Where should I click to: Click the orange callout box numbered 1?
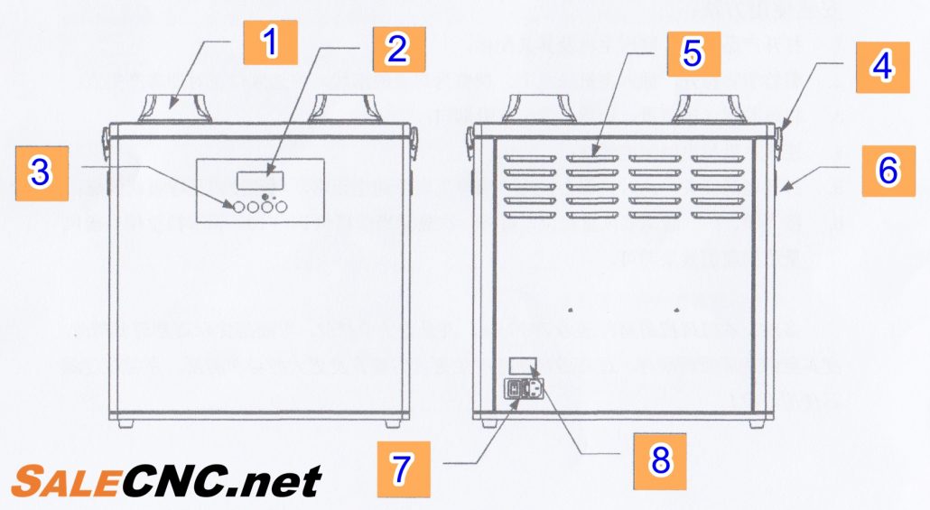click(x=270, y=42)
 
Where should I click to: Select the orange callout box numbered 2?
click(x=398, y=50)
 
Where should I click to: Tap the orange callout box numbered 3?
click(x=42, y=173)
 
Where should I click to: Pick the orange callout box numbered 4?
click(x=882, y=67)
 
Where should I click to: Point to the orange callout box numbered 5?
click(x=693, y=54)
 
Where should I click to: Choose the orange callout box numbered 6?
click(x=888, y=171)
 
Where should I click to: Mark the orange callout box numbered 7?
click(x=404, y=468)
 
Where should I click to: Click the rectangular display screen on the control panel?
click(x=260, y=181)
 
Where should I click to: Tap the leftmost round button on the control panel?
click(x=238, y=207)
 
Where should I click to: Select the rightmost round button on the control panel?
click(x=281, y=207)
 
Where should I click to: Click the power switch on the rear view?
click(x=513, y=390)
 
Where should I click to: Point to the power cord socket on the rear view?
click(x=534, y=390)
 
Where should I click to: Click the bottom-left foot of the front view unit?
click(x=126, y=424)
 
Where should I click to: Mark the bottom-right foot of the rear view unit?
click(x=757, y=424)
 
